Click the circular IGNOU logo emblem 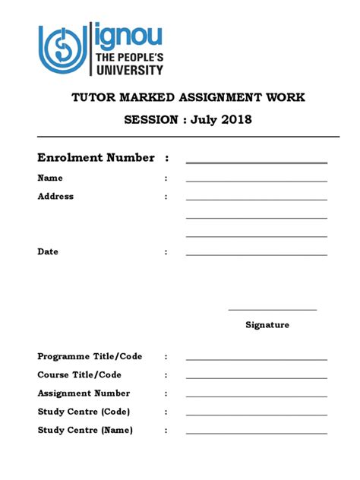point(63,49)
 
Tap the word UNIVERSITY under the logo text point(128,70)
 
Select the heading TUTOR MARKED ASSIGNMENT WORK point(188,97)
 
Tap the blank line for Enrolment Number point(256,163)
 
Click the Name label point(50,178)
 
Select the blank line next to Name point(256,181)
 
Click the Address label point(55,196)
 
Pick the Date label point(48,251)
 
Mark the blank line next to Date point(256,254)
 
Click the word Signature point(267,325)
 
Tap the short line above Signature point(272,310)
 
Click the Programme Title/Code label point(90,356)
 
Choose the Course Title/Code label point(79,374)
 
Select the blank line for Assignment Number point(256,396)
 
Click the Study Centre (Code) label point(84,412)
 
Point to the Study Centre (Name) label point(85,430)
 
